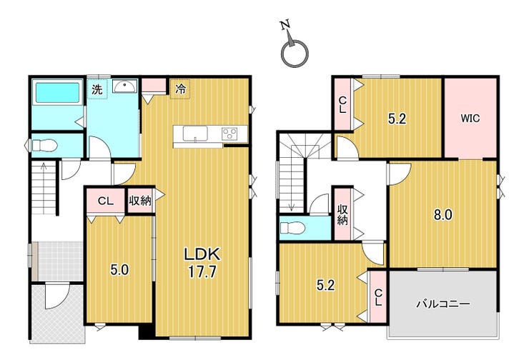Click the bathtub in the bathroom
(58, 92)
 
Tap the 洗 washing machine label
(97, 89)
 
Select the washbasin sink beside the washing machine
(125, 86)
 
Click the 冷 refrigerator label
(181, 89)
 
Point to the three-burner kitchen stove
(229, 134)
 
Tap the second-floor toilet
(292, 228)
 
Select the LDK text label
(202, 254)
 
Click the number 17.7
(202, 271)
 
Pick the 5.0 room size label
(120, 270)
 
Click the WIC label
(470, 119)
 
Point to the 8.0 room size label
(443, 214)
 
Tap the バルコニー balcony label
(443, 304)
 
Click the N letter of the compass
(285, 25)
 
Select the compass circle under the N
(295, 53)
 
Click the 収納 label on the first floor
(140, 201)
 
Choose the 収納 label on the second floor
(342, 215)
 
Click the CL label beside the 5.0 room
(105, 201)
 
